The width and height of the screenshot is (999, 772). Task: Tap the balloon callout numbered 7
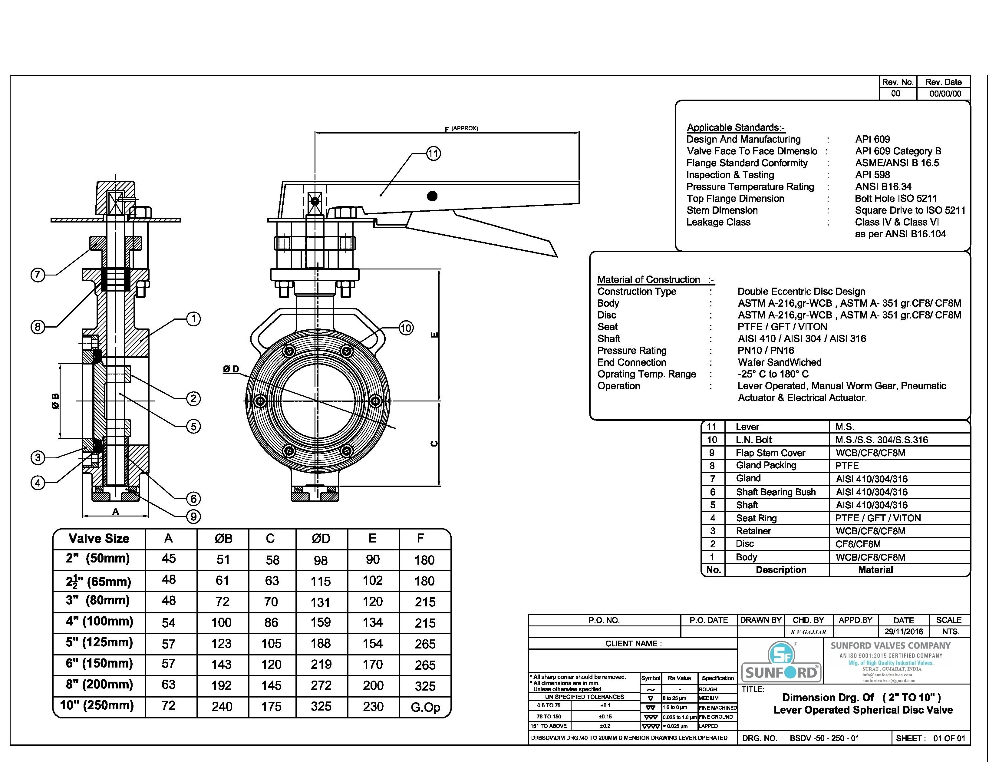[x=38, y=275]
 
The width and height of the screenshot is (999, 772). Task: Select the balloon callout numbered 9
[x=193, y=516]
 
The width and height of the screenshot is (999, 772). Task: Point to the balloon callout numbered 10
[x=406, y=328]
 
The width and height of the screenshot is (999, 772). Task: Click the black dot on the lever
[x=432, y=196]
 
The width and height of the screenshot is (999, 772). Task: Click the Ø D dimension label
[x=231, y=369]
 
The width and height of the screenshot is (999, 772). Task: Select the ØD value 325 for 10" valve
[x=321, y=706]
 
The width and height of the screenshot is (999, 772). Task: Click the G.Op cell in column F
[x=425, y=707]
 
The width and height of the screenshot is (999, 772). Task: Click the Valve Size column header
[x=99, y=538]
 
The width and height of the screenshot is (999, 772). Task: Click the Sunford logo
[x=781, y=662]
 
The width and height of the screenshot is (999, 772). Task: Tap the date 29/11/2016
[x=903, y=632]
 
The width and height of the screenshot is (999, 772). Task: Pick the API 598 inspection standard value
[x=872, y=175]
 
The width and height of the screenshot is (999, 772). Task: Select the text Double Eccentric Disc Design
[x=801, y=291]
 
